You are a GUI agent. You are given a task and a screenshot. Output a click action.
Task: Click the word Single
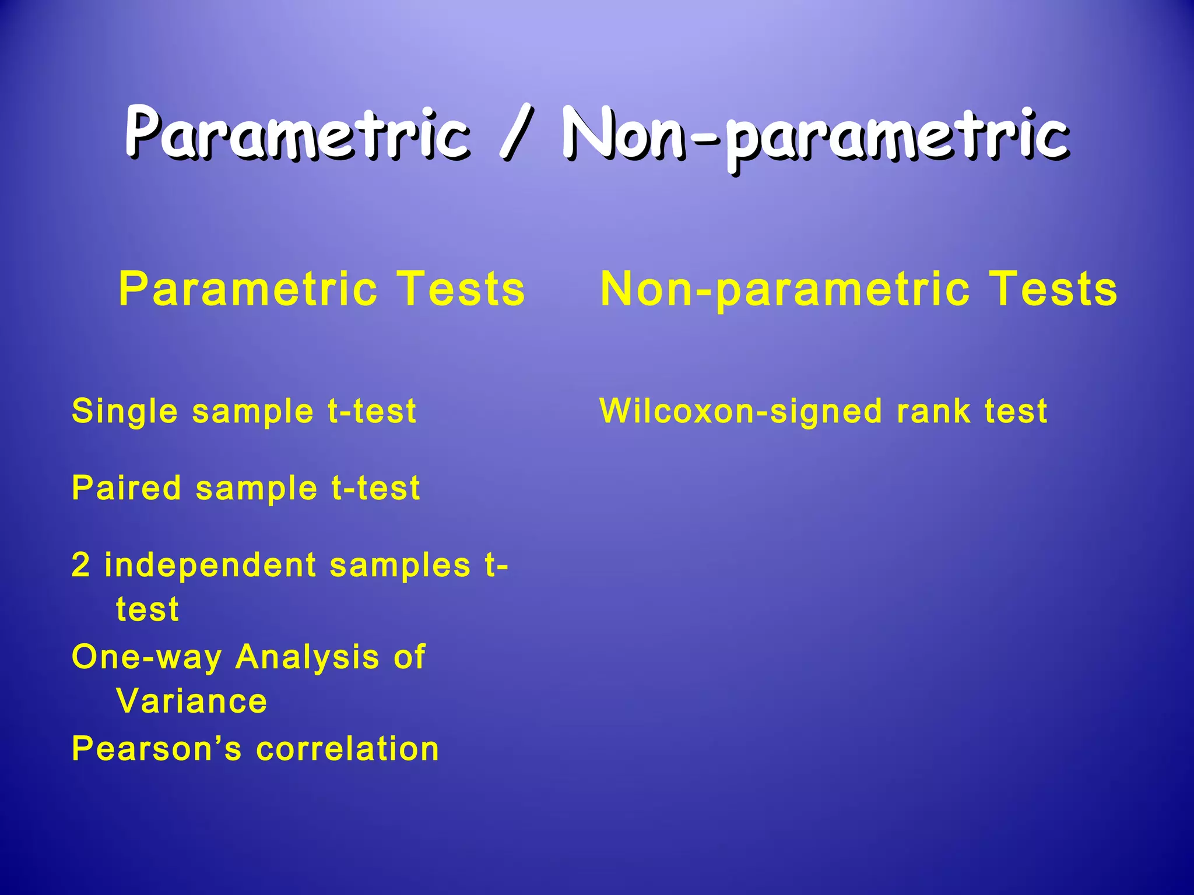124,411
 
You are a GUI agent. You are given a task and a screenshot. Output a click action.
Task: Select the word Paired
126,488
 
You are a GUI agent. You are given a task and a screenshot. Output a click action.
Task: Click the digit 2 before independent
81,565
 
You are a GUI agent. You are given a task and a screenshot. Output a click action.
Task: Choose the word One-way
146,657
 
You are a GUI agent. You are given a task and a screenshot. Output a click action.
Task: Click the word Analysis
307,657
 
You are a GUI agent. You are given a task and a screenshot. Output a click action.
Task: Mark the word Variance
192,701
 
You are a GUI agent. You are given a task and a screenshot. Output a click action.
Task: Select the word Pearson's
156,749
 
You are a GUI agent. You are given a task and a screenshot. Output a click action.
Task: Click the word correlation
347,749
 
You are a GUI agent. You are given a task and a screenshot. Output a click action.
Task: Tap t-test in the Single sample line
372,411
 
